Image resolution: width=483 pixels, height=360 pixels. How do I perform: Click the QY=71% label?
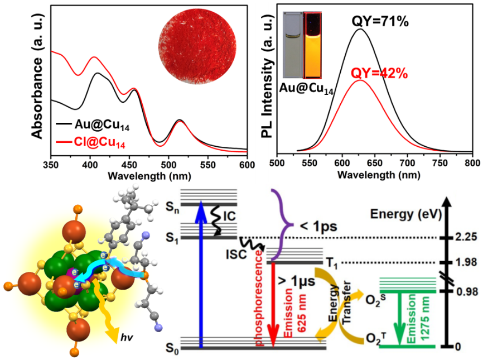[381, 22]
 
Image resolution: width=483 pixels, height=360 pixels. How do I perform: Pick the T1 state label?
[332, 263]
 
